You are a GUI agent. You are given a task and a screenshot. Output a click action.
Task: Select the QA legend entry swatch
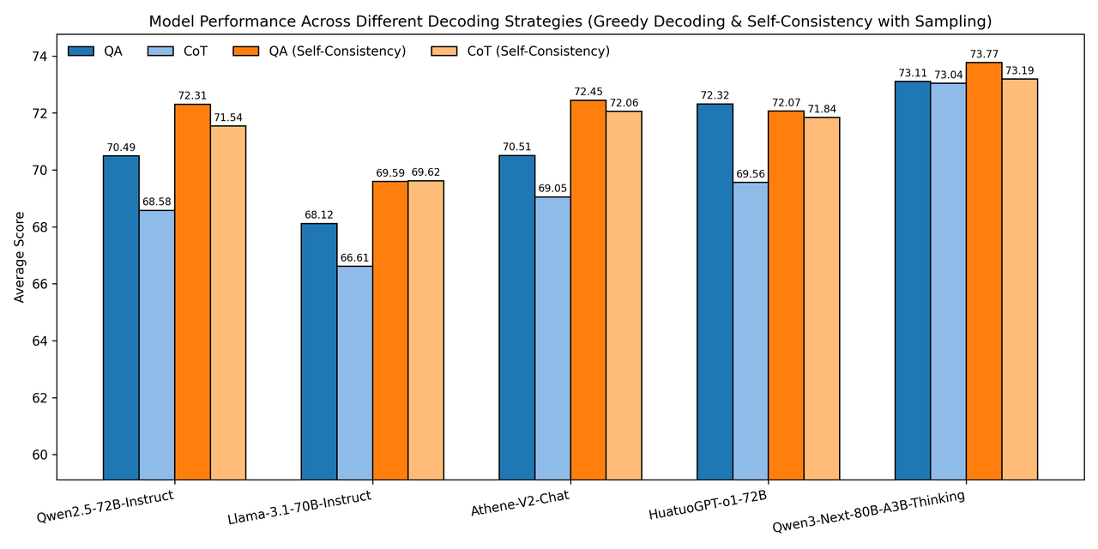click(81, 51)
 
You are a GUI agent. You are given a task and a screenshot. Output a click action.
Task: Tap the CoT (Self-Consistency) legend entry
click(538, 51)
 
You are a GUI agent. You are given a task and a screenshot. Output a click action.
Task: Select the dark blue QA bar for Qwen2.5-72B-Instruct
click(121, 317)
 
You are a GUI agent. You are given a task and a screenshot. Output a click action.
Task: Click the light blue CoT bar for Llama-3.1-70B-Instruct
click(354, 372)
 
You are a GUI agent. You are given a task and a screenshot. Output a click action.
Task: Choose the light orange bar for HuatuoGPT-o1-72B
click(822, 298)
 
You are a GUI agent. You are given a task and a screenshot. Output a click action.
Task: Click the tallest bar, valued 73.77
click(984, 270)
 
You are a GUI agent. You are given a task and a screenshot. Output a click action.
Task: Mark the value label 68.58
click(157, 202)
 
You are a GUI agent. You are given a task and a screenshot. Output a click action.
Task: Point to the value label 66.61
click(354, 257)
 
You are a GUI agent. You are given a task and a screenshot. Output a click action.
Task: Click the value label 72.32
click(715, 95)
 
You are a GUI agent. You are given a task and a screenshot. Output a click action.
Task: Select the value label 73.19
click(1020, 70)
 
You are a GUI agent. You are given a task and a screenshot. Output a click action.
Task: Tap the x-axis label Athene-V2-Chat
click(520, 503)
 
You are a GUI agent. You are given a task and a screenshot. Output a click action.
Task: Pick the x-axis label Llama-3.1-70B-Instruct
click(299, 508)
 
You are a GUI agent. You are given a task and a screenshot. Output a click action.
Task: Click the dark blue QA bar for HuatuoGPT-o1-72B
click(715, 291)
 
